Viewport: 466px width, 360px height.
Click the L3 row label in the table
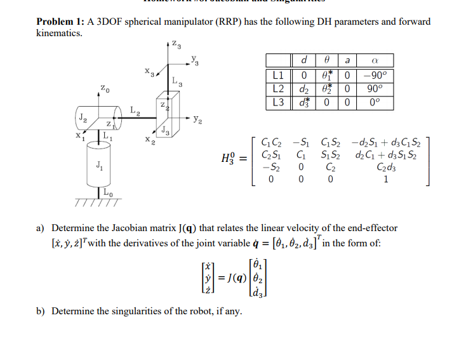click(x=277, y=102)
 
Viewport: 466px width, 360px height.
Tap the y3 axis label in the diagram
click(x=195, y=61)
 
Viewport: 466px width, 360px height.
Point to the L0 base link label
click(x=109, y=193)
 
